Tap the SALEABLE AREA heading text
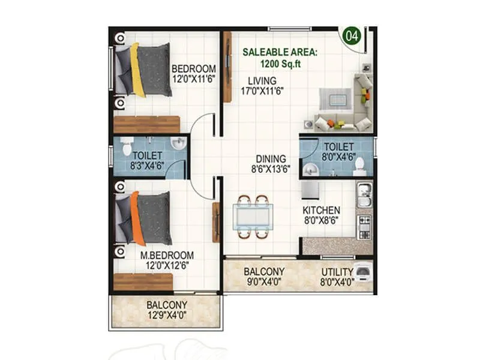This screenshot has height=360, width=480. coord(280,52)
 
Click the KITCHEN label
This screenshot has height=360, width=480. coord(321,211)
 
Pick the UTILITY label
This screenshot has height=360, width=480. coord(336,271)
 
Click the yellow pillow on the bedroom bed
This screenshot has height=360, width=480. coord(137,70)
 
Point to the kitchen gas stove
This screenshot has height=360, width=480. coord(364,223)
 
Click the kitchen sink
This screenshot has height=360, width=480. coord(364,193)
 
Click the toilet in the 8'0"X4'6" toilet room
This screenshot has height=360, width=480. coord(359,164)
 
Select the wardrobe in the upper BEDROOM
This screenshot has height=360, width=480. coord(146,124)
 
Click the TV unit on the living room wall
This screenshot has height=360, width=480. coord(227,66)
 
